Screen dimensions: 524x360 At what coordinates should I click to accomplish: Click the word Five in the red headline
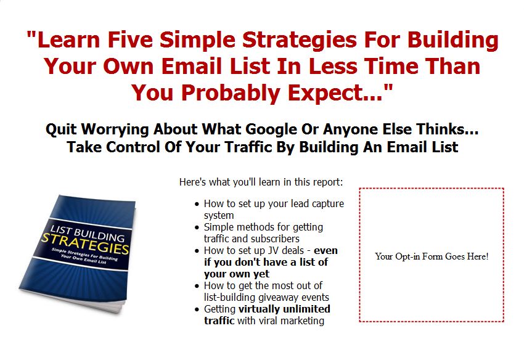(x=130, y=39)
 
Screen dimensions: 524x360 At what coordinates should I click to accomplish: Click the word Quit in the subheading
(x=62, y=129)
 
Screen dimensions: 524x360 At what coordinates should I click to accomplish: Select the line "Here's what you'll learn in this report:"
(x=261, y=182)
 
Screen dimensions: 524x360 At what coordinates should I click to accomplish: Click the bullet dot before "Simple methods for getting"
(x=197, y=227)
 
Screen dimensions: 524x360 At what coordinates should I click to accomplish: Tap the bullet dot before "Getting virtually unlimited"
(x=197, y=309)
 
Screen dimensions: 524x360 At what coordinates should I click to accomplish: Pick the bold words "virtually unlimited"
(x=284, y=309)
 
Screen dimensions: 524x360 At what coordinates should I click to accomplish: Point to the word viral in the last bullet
(x=268, y=321)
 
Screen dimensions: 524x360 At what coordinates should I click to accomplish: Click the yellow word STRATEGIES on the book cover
(x=86, y=243)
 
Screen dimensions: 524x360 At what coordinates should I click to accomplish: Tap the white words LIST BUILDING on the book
(x=88, y=233)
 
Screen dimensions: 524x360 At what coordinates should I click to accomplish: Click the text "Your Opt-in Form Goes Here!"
(x=432, y=256)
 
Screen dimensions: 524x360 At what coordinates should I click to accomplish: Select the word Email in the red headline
(x=194, y=66)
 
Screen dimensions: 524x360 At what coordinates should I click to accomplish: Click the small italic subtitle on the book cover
(x=84, y=256)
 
